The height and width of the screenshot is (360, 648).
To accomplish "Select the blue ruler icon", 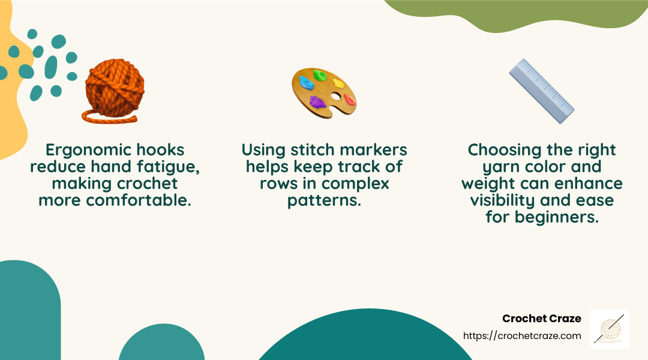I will [541, 91].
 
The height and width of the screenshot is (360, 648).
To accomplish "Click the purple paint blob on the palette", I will [318, 101].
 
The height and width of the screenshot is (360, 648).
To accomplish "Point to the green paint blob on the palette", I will [320, 76].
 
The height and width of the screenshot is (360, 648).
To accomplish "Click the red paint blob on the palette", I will [349, 100].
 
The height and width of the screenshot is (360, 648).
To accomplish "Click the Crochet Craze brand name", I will [542, 319].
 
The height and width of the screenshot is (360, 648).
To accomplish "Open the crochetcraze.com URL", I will [522, 336].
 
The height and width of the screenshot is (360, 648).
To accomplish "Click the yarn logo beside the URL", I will [609, 329].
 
